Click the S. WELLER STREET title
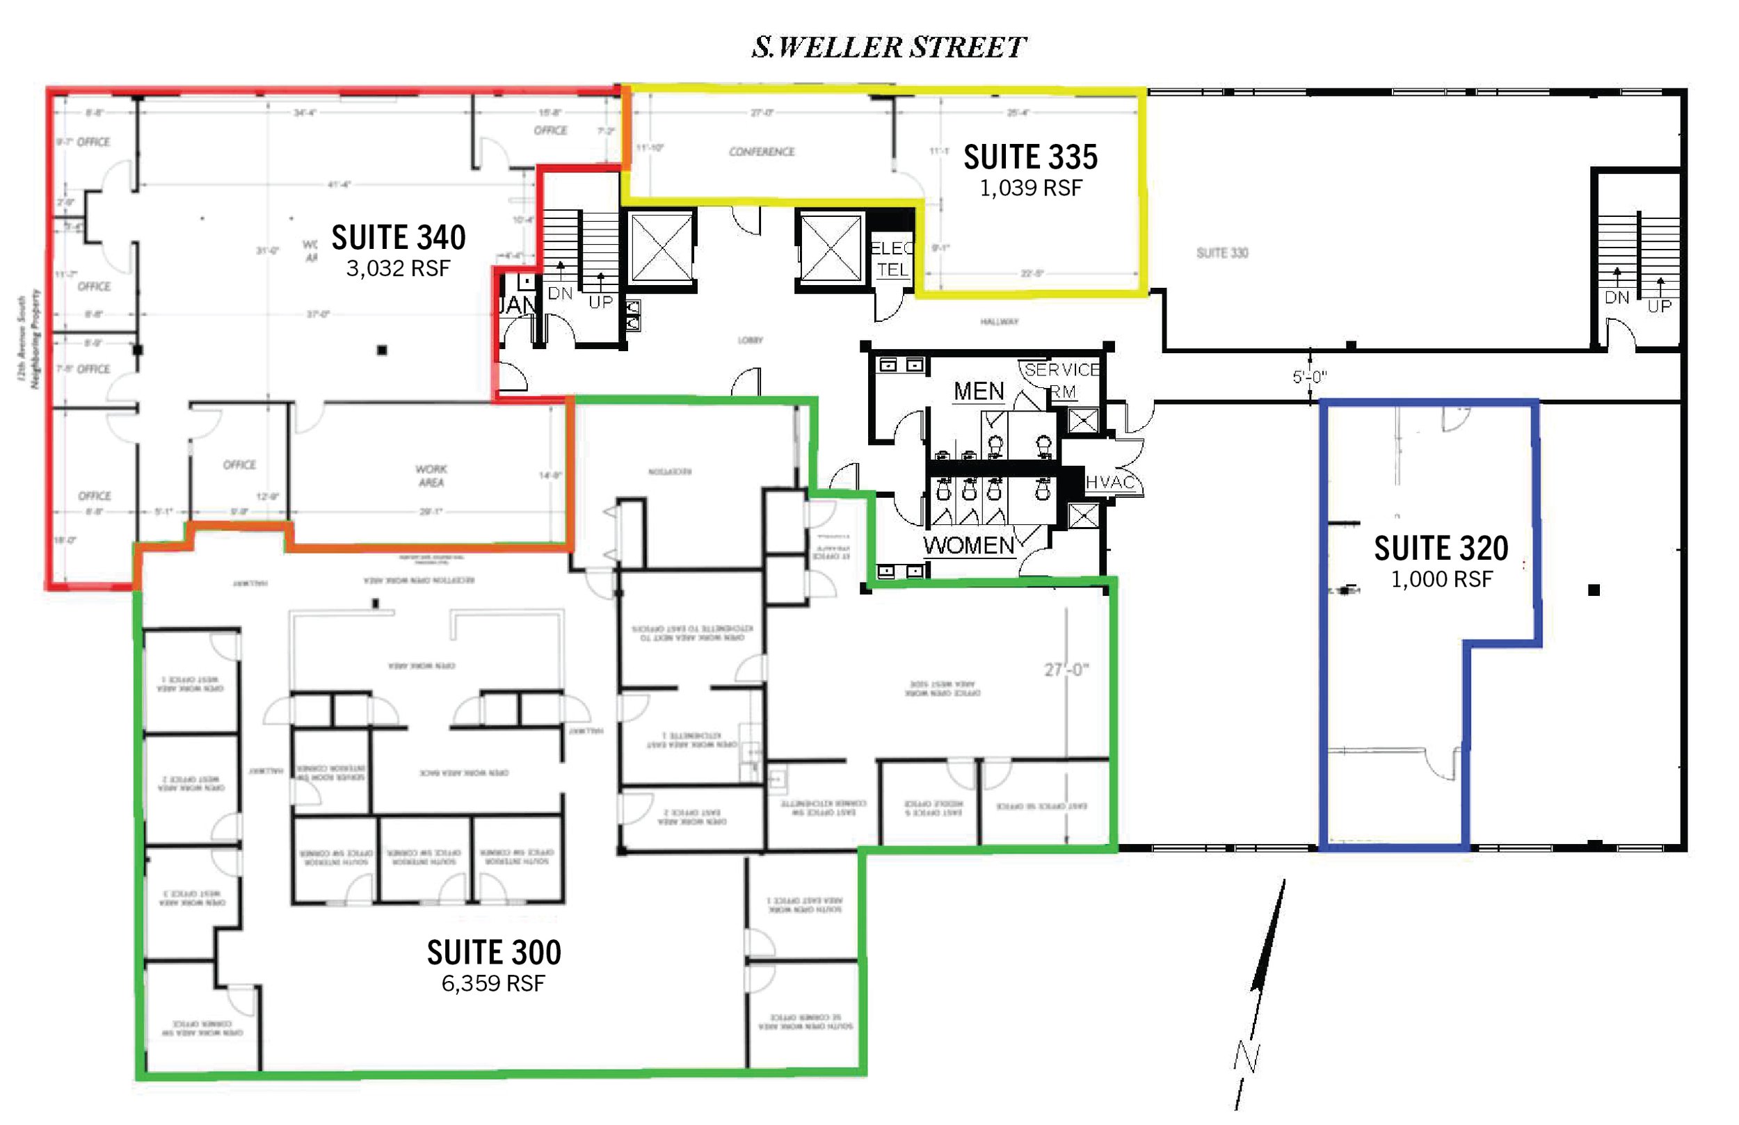point(888,47)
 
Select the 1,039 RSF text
point(1030,188)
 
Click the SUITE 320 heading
point(1441,549)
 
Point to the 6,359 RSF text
point(493,983)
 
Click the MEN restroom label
point(979,391)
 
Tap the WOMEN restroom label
point(968,546)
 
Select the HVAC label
point(1110,482)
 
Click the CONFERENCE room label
point(762,152)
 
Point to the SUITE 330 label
point(1221,253)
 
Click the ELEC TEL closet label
point(892,259)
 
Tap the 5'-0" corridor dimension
point(1309,377)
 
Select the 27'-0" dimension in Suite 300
point(1066,670)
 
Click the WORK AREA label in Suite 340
point(431,476)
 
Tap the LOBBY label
point(750,341)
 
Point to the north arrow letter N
point(1247,1056)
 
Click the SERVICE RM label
point(1061,380)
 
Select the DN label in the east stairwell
point(1617,298)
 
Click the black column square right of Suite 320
point(1594,590)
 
